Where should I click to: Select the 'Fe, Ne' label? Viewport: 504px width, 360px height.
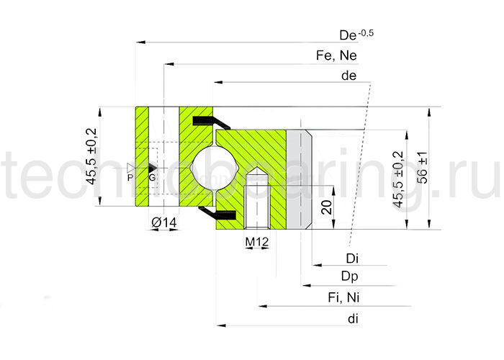click(x=336, y=55)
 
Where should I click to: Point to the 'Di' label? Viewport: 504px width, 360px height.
click(x=352, y=258)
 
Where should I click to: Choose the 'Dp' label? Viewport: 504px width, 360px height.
click(x=351, y=277)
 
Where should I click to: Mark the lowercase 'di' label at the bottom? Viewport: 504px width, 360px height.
click(x=352, y=318)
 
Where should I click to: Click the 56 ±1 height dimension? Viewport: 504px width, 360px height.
click(x=425, y=167)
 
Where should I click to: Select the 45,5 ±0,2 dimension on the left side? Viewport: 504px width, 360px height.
click(x=92, y=157)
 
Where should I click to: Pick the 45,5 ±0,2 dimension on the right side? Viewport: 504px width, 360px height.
click(x=398, y=180)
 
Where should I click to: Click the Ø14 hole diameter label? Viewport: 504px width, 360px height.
click(x=164, y=224)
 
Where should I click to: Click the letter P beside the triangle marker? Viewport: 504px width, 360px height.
click(x=130, y=176)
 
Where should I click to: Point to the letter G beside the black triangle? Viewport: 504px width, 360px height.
click(x=152, y=176)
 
